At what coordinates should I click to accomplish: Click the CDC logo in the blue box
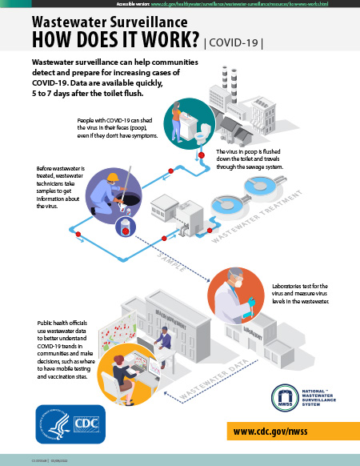tap(84, 424)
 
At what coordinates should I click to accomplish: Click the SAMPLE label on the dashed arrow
tap(166, 258)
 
